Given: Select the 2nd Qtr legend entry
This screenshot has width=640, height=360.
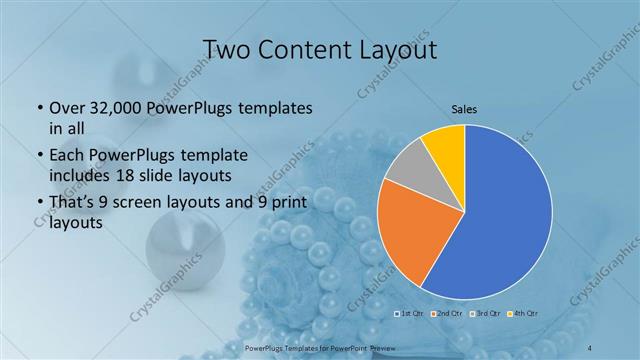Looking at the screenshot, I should (x=447, y=314).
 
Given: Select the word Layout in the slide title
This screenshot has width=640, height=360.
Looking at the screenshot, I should (x=399, y=49).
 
